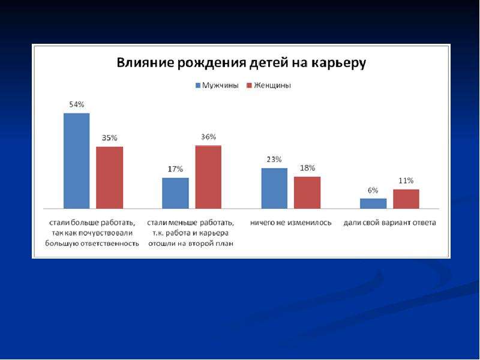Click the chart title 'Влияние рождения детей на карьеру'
click(x=241, y=63)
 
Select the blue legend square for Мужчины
click(x=198, y=85)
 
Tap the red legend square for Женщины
click(x=249, y=85)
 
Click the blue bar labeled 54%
click(x=77, y=161)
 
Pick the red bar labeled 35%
click(x=110, y=178)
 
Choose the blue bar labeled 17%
click(x=175, y=193)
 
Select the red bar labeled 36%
click(x=208, y=177)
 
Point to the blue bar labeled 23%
click(x=274, y=188)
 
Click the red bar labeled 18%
click(x=307, y=193)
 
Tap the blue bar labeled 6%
click(x=373, y=203)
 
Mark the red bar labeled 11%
click(x=406, y=199)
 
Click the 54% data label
click(x=77, y=104)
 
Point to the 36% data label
click(x=208, y=137)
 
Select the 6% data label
click(x=373, y=190)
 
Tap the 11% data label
click(x=406, y=181)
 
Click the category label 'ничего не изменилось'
click(x=291, y=223)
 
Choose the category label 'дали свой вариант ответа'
click(x=389, y=223)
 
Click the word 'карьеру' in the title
click(x=339, y=64)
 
